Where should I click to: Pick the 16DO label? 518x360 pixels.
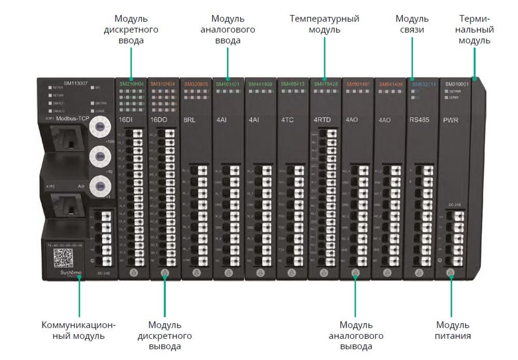[158, 120]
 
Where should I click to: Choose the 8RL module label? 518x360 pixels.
[190, 120]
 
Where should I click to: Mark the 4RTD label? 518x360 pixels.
[321, 120]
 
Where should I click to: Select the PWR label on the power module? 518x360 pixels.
[451, 120]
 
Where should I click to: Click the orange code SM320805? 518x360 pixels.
[196, 83]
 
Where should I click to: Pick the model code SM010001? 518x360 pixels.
[456, 83]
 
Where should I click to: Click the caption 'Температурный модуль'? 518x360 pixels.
[324, 24]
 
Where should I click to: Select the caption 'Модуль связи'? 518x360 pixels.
[412, 24]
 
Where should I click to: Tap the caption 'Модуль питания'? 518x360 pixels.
[453, 330]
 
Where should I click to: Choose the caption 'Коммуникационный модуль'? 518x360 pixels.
[79, 330]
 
